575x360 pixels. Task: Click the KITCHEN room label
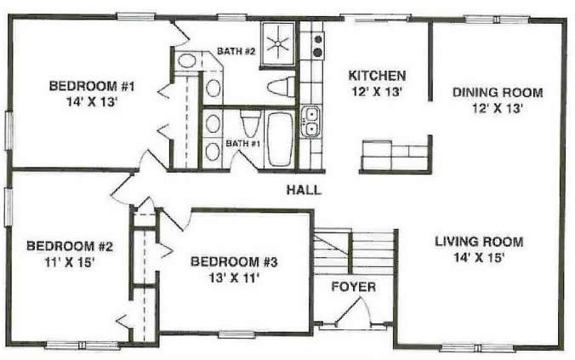pos(377,76)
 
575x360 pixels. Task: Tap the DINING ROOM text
pos(498,92)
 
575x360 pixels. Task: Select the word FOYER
pos(354,287)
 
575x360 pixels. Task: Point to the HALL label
pos(304,190)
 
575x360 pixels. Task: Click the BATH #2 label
pos(236,51)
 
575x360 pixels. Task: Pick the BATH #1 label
pos(242,143)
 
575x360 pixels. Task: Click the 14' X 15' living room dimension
pos(478,258)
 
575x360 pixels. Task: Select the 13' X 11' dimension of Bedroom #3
pos(234,278)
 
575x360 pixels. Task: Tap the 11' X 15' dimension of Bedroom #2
pos(70,262)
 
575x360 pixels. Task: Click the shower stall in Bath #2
pos(277,44)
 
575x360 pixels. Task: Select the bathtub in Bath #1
pos(281,139)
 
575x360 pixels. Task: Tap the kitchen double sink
pos(310,121)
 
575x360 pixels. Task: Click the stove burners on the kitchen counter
pos(317,45)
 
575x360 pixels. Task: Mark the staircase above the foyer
pos(354,252)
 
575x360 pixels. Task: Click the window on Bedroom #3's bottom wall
pos(237,334)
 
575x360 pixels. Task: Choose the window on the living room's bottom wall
pos(476,347)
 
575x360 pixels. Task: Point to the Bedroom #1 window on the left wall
pos(9,130)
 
